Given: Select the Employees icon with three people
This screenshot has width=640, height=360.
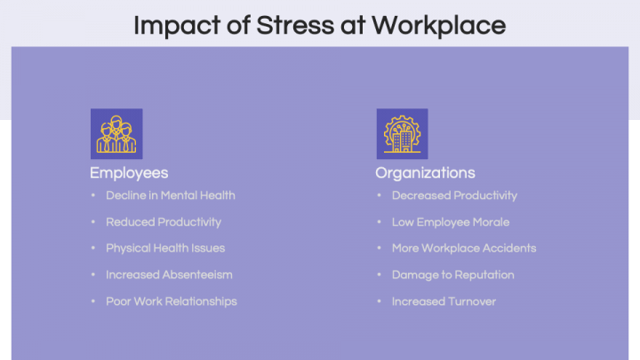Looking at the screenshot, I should point(116,134).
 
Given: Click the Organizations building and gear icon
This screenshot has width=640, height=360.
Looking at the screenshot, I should point(402,134).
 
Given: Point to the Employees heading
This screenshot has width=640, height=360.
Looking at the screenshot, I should point(129,172).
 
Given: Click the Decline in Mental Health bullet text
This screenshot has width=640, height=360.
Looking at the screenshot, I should point(171,195).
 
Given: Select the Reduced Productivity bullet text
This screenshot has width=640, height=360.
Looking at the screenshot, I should point(164,221).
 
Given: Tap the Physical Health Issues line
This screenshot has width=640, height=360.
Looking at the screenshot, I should point(165,248).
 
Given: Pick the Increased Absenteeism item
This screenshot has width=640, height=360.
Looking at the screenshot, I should point(169,275).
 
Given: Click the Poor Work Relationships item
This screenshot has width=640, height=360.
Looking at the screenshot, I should point(172,301).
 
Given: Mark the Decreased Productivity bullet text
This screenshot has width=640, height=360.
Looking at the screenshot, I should point(454,195).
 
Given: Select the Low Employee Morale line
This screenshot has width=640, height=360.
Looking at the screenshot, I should point(451,221).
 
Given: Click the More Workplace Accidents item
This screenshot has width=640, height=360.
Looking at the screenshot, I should point(464,248).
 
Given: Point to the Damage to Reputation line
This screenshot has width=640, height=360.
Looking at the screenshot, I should point(452,275).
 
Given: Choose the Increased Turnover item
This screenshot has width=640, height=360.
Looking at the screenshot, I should point(444,301).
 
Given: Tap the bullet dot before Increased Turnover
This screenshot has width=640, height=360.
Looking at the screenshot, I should point(380,302).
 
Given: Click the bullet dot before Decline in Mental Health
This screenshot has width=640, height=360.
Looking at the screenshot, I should point(93,196).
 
